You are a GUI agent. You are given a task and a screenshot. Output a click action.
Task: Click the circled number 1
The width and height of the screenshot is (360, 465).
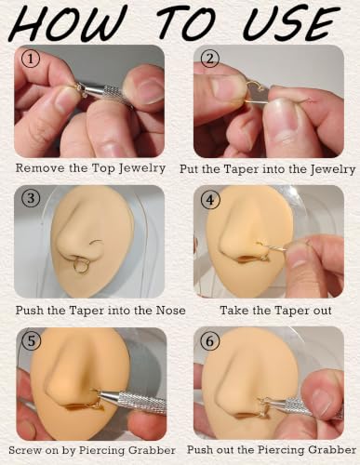tap(31, 60)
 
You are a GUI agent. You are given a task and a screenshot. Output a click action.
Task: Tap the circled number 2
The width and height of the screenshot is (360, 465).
tap(210, 60)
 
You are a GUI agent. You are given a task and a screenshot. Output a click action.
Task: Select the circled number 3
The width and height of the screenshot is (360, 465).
tap(31, 198)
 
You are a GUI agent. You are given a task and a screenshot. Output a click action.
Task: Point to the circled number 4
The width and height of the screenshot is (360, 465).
tap(210, 200)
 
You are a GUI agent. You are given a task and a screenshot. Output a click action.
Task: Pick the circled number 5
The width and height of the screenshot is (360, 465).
tap(32, 340)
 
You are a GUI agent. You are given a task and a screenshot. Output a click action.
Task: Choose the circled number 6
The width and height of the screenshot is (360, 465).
tap(210, 341)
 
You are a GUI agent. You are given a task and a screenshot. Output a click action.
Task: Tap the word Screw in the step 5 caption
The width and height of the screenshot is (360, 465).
tap(25, 450)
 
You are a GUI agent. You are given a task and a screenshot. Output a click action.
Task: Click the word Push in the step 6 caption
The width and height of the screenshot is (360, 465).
tap(202, 450)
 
